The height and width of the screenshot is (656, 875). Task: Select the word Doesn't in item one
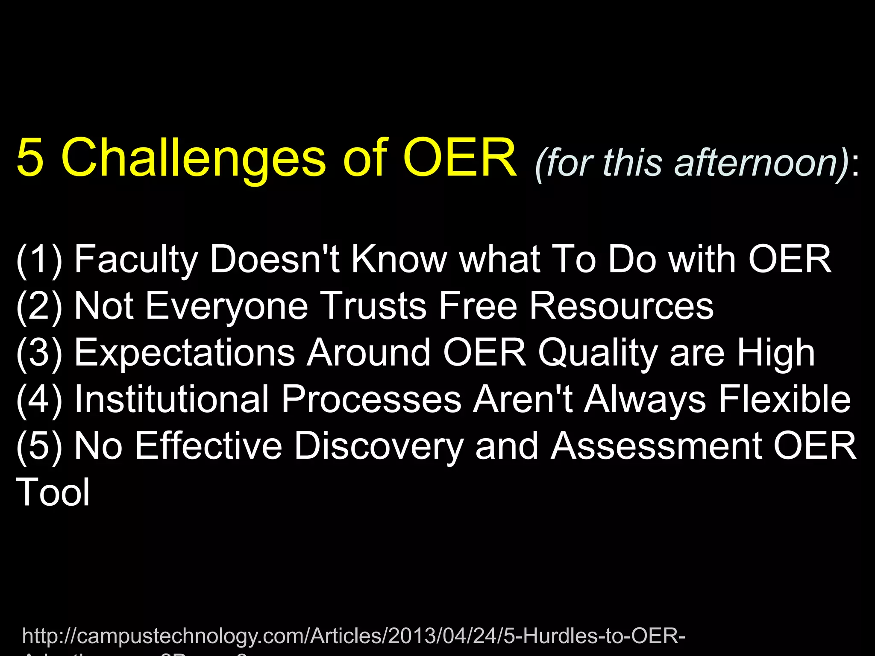(274, 259)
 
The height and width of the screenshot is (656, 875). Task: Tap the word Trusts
(373, 306)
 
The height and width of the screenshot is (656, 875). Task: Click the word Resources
(621, 306)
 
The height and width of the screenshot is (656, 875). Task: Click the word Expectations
(185, 353)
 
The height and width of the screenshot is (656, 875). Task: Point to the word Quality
(598, 353)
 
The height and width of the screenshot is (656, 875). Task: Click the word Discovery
(379, 446)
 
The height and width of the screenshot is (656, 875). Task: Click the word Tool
(53, 492)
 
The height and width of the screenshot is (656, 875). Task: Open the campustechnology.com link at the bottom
(354, 636)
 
